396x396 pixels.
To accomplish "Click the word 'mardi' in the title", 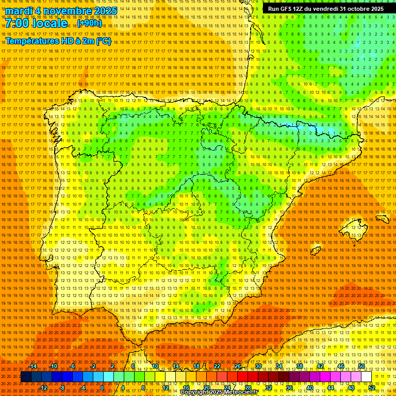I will [19, 11].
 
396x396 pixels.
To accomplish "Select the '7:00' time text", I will [17, 23].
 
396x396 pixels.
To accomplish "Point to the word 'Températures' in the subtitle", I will [31, 41].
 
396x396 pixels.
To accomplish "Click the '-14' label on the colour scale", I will [34, 366].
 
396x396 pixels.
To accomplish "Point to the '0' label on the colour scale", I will [102, 388].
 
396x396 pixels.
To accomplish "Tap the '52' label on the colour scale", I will [372, 388].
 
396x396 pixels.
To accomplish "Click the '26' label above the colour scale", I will [238, 366].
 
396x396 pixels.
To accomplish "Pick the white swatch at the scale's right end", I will [366, 377].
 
